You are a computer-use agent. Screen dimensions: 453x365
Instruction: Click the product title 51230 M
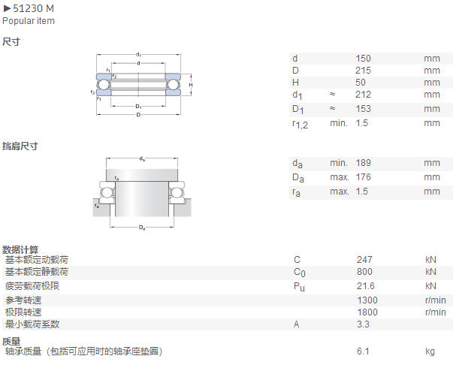point(33,9)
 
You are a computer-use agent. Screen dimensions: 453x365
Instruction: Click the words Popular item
point(29,21)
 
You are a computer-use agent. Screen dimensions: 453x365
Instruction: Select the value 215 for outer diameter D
point(363,71)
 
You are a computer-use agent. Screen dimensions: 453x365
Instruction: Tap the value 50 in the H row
point(361,83)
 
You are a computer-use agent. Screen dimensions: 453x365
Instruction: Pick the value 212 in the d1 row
point(363,95)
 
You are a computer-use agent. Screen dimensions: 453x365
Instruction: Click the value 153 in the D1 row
point(363,109)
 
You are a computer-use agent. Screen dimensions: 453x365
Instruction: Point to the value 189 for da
point(363,163)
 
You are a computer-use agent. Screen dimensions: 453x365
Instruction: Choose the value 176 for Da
point(363,177)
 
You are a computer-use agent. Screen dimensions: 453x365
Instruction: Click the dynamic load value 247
point(364,260)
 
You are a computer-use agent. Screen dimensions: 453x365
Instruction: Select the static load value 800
point(364,272)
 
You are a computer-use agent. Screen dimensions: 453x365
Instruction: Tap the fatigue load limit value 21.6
point(366,286)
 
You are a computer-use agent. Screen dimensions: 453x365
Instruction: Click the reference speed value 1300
point(367,300)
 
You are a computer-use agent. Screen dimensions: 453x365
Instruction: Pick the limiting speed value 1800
point(367,312)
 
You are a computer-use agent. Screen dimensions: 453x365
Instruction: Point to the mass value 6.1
point(363,351)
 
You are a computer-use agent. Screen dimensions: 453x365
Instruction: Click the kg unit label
point(430,351)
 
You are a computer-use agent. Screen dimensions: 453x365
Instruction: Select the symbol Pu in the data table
point(299,287)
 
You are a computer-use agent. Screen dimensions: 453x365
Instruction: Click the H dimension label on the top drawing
point(191,85)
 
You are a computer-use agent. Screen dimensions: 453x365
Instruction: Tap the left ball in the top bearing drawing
point(104,85)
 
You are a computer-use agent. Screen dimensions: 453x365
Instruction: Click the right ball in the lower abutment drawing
point(175,192)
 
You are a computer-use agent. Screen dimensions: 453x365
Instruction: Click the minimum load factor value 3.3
point(363,324)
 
